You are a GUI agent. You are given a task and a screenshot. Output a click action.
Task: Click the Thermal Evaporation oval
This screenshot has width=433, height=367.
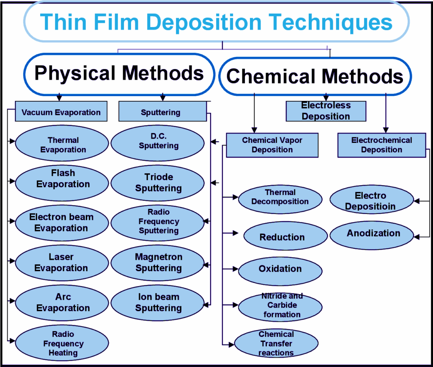[x=62, y=145]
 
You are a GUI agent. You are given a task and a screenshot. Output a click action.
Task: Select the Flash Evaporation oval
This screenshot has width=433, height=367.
[x=62, y=179]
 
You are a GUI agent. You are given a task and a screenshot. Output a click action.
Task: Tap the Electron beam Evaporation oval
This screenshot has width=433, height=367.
[x=62, y=222]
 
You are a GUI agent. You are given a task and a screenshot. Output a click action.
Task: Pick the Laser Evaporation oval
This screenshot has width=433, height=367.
[x=62, y=262]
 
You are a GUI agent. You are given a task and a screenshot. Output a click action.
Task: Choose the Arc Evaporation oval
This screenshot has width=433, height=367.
[x=62, y=303]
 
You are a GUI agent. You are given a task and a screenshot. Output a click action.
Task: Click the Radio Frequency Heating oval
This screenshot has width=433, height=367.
[x=62, y=343]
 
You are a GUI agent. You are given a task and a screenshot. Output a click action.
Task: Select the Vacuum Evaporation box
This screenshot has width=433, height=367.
[x=61, y=112]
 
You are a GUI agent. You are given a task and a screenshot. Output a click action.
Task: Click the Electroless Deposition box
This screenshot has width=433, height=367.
[x=326, y=111]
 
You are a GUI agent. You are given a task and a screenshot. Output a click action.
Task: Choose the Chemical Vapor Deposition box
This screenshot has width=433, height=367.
[x=272, y=145]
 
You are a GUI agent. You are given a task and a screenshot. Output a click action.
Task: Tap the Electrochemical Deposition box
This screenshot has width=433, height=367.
[x=381, y=145]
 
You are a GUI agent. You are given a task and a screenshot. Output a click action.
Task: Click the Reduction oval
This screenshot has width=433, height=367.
[x=282, y=237]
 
